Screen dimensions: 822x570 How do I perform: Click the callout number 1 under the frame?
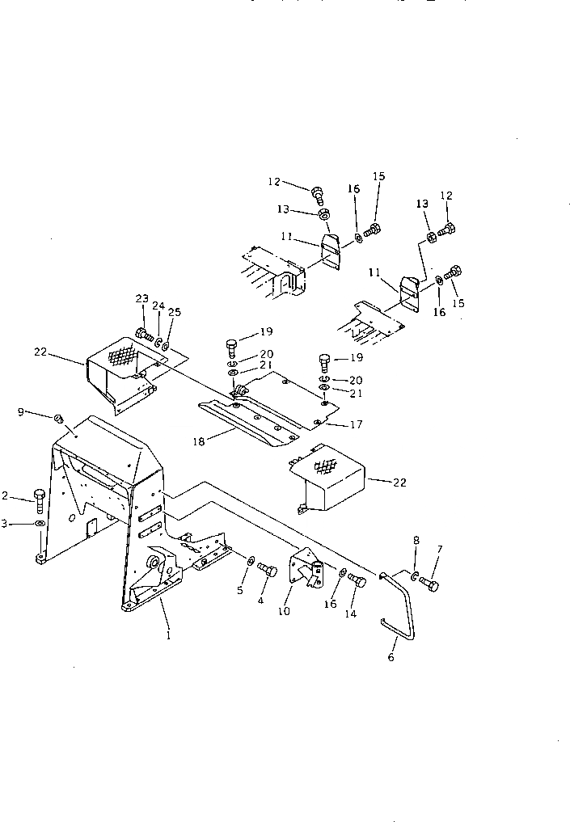click(167, 635)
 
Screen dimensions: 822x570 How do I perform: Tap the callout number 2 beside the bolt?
click(6, 495)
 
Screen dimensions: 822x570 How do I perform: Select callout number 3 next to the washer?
click(5, 524)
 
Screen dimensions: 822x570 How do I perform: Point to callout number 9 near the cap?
click(21, 412)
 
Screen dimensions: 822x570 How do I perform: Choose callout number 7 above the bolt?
click(439, 550)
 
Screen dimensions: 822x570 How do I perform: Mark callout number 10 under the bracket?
click(283, 612)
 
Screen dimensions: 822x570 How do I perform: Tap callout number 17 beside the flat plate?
click(357, 424)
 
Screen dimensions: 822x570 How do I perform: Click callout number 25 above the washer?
click(175, 313)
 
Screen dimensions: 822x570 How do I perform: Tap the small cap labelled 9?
click(58, 418)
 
